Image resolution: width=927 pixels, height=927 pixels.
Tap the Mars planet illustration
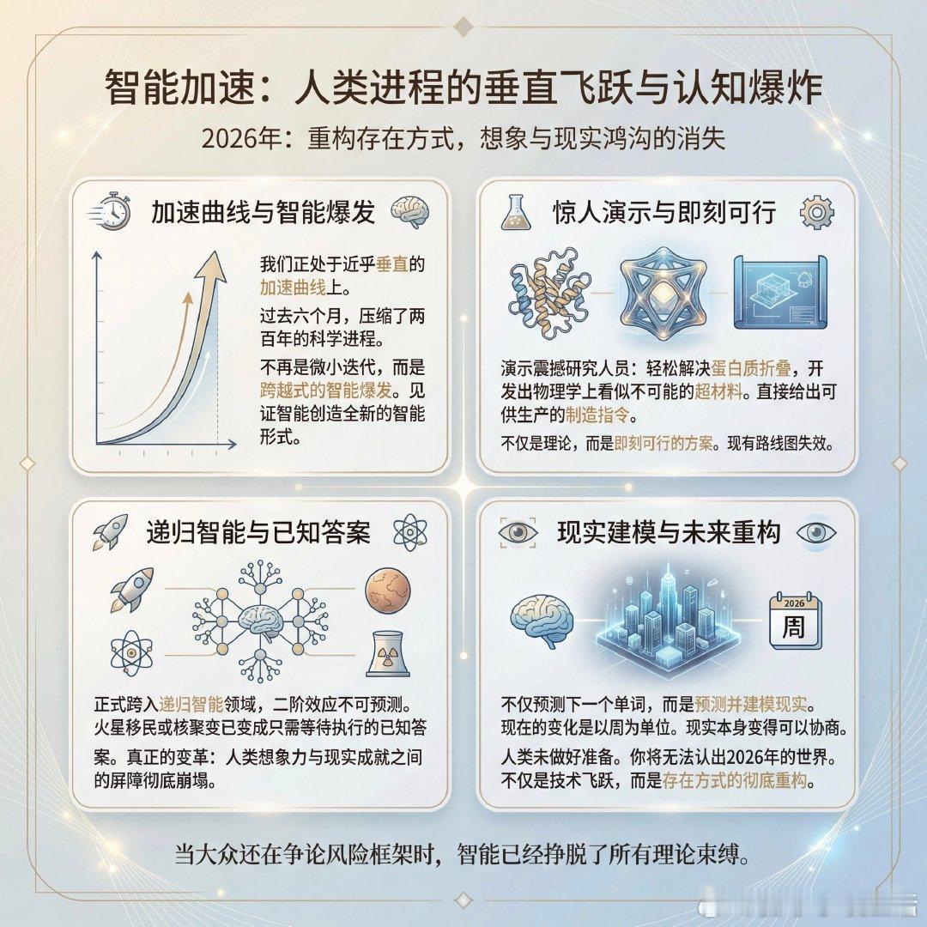(389, 591)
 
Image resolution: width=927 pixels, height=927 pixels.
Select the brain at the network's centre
(261, 620)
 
